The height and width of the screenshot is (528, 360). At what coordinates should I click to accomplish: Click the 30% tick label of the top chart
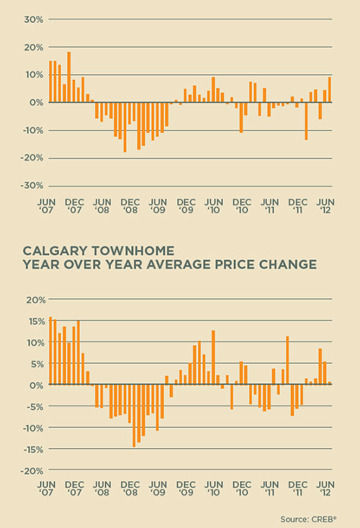pos(34,19)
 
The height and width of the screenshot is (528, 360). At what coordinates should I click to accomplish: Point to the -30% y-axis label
pos(32,186)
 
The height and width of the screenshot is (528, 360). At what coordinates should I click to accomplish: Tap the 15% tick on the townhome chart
pos(35,321)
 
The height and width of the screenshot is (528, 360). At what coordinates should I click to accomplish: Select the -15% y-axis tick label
pos(33,449)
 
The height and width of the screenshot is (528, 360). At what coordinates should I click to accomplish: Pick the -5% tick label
pos(35,406)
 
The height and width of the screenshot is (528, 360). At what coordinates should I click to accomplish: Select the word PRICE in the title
pos(235,264)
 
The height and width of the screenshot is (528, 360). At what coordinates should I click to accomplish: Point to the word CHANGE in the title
pos(288,264)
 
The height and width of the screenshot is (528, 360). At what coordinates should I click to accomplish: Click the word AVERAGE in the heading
pos(179,264)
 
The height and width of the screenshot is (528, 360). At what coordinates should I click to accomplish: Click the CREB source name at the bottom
pos(324,519)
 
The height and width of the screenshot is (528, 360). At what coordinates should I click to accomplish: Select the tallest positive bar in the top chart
pos(69,77)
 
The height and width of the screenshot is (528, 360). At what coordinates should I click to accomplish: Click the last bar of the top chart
pos(330,89)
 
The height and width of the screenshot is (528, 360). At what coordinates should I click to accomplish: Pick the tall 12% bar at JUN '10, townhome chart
pos(213,357)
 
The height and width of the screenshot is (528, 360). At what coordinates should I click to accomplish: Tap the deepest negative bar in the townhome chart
pos(134,416)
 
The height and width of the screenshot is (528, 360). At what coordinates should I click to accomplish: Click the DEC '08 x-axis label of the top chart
pos(130,206)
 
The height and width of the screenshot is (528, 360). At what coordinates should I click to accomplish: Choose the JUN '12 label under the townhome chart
pos(325,488)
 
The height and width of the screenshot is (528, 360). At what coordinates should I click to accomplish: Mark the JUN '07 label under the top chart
pos(46,206)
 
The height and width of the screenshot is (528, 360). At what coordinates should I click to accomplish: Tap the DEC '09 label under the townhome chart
pos(186,488)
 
